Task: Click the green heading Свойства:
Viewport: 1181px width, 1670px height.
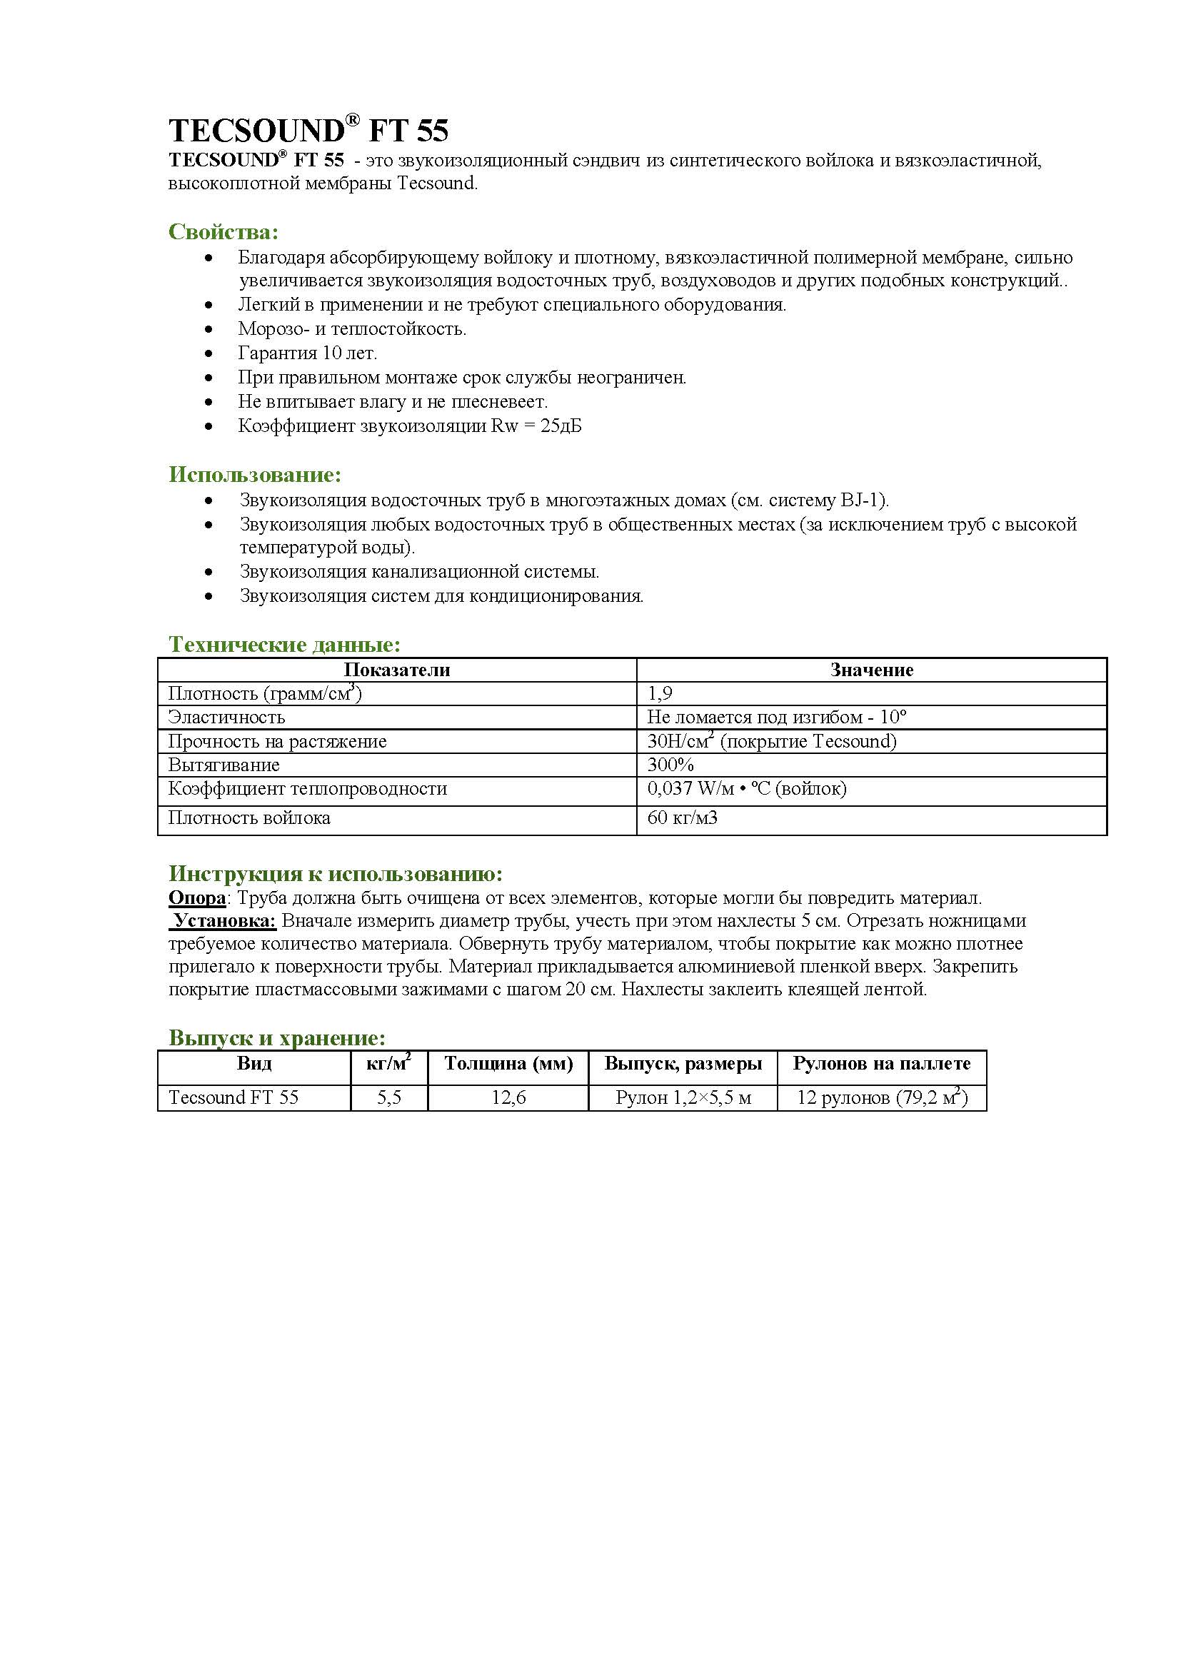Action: [x=223, y=232]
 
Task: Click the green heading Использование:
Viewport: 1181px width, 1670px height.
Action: [x=254, y=475]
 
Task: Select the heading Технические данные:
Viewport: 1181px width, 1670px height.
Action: [x=284, y=645]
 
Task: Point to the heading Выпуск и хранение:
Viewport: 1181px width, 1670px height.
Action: [x=276, y=1037]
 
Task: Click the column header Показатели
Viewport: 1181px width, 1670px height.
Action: [x=396, y=670]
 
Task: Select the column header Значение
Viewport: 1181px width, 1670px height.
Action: [x=871, y=670]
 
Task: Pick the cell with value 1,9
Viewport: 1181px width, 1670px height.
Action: [x=660, y=693]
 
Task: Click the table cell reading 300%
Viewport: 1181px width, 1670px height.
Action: [x=670, y=765]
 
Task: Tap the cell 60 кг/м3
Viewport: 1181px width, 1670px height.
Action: [x=682, y=818]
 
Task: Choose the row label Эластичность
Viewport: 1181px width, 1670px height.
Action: [x=226, y=717]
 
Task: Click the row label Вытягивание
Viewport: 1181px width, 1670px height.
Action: [x=223, y=765]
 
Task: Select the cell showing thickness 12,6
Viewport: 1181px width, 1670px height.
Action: [x=508, y=1097]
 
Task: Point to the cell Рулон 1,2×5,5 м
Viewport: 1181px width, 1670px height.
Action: [x=683, y=1097]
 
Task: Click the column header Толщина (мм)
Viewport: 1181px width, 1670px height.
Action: [x=508, y=1063]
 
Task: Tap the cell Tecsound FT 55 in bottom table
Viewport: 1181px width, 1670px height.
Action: [x=233, y=1097]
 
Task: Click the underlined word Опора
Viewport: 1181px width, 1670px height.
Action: [x=197, y=898]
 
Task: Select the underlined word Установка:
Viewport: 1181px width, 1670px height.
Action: [x=225, y=921]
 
